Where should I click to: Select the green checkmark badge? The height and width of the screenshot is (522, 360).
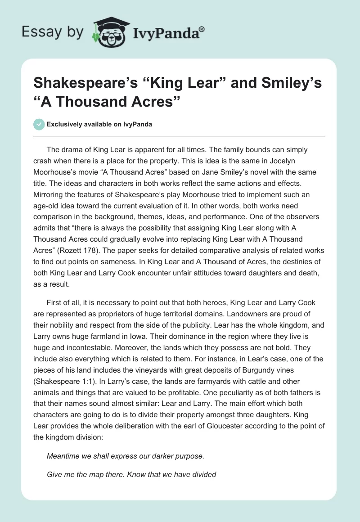[40, 124]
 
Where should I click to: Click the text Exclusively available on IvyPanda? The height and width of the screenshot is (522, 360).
[99, 125]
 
